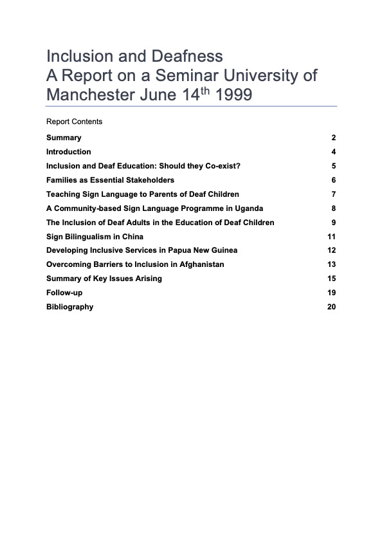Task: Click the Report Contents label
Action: (74, 122)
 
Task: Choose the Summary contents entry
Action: (64, 138)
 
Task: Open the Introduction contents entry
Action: (69, 152)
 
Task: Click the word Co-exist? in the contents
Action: (222, 166)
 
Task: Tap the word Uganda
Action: (249, 208)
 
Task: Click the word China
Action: (132, 237)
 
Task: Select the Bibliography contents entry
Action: (69, 307)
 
